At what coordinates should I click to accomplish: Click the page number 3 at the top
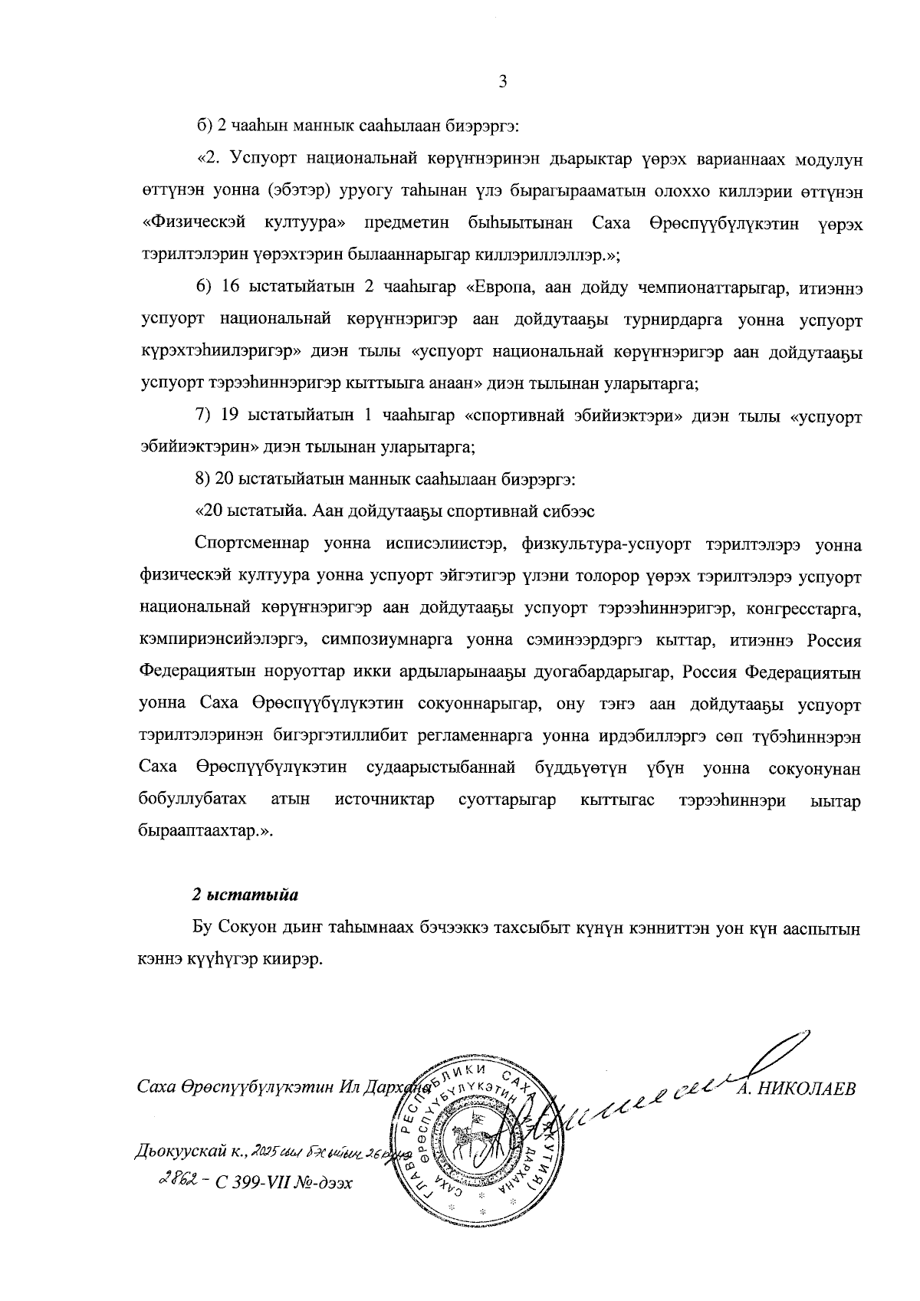(x=503, y=83)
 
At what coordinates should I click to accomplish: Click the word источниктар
(x=384, y=800)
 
